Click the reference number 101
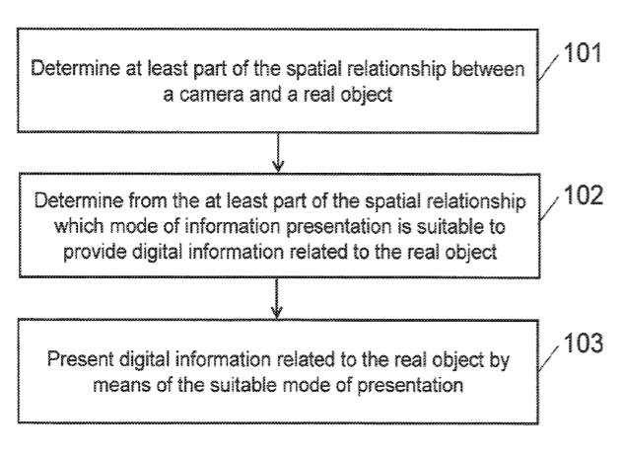click(x=582, y=52)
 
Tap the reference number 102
click(x=583, y=195)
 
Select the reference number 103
click(x=583, y=343)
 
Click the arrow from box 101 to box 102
click(x=278, y=152)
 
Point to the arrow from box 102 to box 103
click(x=276, y=298)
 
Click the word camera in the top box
click(x=210, y=95)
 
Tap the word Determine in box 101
click(x=75, y=68)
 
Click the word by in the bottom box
click(x=500, y=360)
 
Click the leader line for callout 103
click(x=549, y=357)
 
